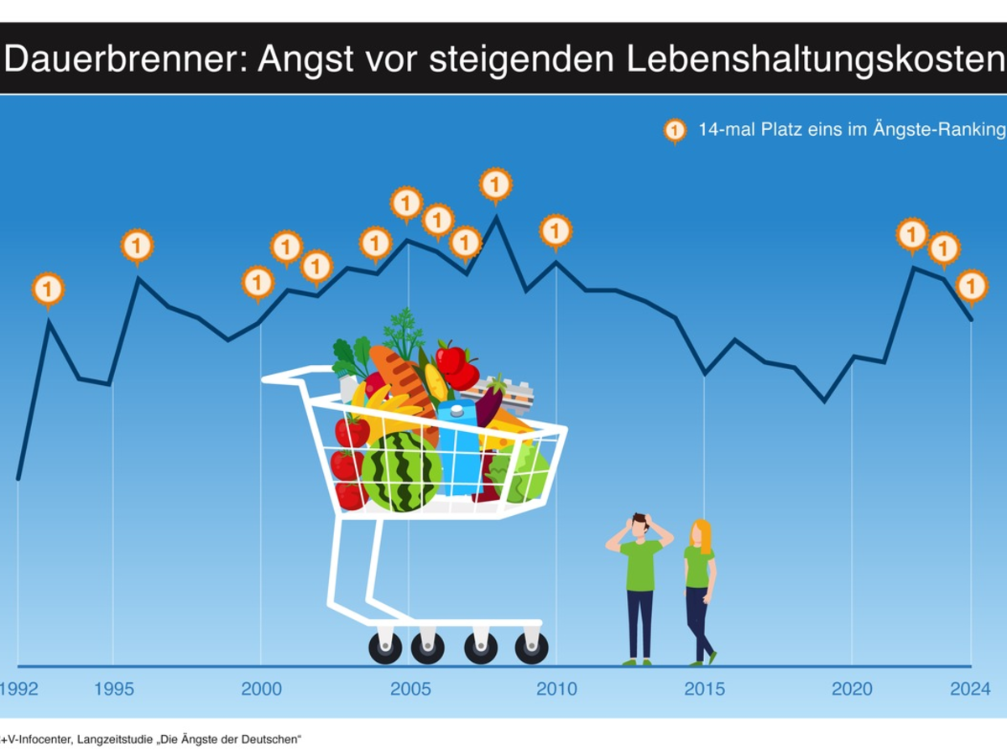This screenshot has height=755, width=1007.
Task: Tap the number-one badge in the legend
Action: coord(675,131)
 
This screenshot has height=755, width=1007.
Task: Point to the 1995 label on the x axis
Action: coord(113,690)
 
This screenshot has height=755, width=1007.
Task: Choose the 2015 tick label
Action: coord(704,690)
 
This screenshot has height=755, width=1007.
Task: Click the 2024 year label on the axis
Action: coord(970,690)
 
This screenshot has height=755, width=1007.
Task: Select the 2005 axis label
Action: coord(410,690)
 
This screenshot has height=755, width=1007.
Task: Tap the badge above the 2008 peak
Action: coord(495,183)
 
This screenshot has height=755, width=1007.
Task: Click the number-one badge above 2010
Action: coord(556,230)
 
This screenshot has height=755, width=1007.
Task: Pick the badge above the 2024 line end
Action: coord(972,286)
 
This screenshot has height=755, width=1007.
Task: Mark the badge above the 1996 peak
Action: coord(137,246)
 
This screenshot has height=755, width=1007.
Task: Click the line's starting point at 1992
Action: coord(18,479)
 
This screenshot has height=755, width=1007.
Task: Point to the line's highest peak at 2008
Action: coord(496,216)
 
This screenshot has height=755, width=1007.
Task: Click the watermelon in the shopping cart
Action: coord(402,471)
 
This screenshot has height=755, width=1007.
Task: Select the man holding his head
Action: coord(639,587)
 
